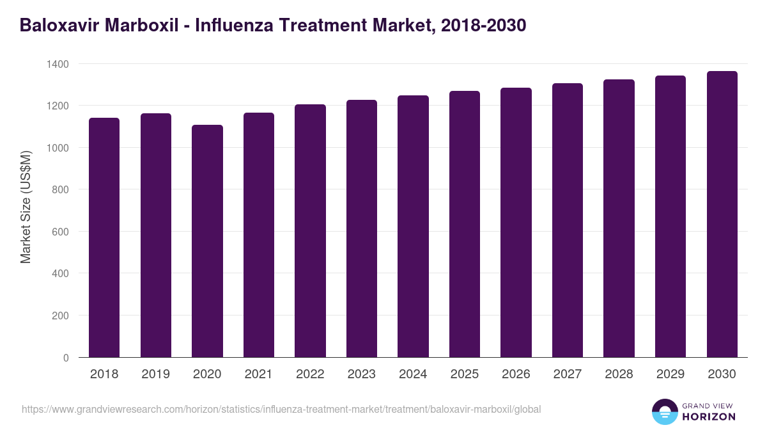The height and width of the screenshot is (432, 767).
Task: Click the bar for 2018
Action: click(x=104, y=237)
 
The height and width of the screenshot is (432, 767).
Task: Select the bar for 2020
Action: click(x=207, y=241)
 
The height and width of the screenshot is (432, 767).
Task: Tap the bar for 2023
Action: click(x=361, y=228)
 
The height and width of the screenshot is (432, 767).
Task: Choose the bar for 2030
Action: click(x=722, y=214)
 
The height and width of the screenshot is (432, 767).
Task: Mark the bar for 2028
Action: click(x=619, y=218)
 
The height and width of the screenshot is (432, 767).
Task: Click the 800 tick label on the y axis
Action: click(x=61, y=190)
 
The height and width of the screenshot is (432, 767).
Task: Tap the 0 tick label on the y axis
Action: click(x=66, y=358)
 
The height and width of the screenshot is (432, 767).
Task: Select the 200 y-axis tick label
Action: click(x=61, y=316)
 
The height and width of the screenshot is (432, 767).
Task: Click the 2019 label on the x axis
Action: click(x=155, y=374)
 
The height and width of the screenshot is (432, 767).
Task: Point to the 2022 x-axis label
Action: click(x=310, y=374)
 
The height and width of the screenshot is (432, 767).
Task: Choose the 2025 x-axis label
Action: click(x=464, y=374)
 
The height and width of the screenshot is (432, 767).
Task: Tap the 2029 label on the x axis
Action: click(x=670, y=374)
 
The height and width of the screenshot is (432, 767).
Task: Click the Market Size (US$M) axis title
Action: click(x=26, y=207)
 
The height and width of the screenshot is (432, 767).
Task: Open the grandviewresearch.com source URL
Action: click(x=281, y=409)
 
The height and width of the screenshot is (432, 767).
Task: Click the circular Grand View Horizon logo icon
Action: click(x=664, y=412)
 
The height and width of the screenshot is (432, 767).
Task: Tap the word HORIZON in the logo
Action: click(x=709, y=417)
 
